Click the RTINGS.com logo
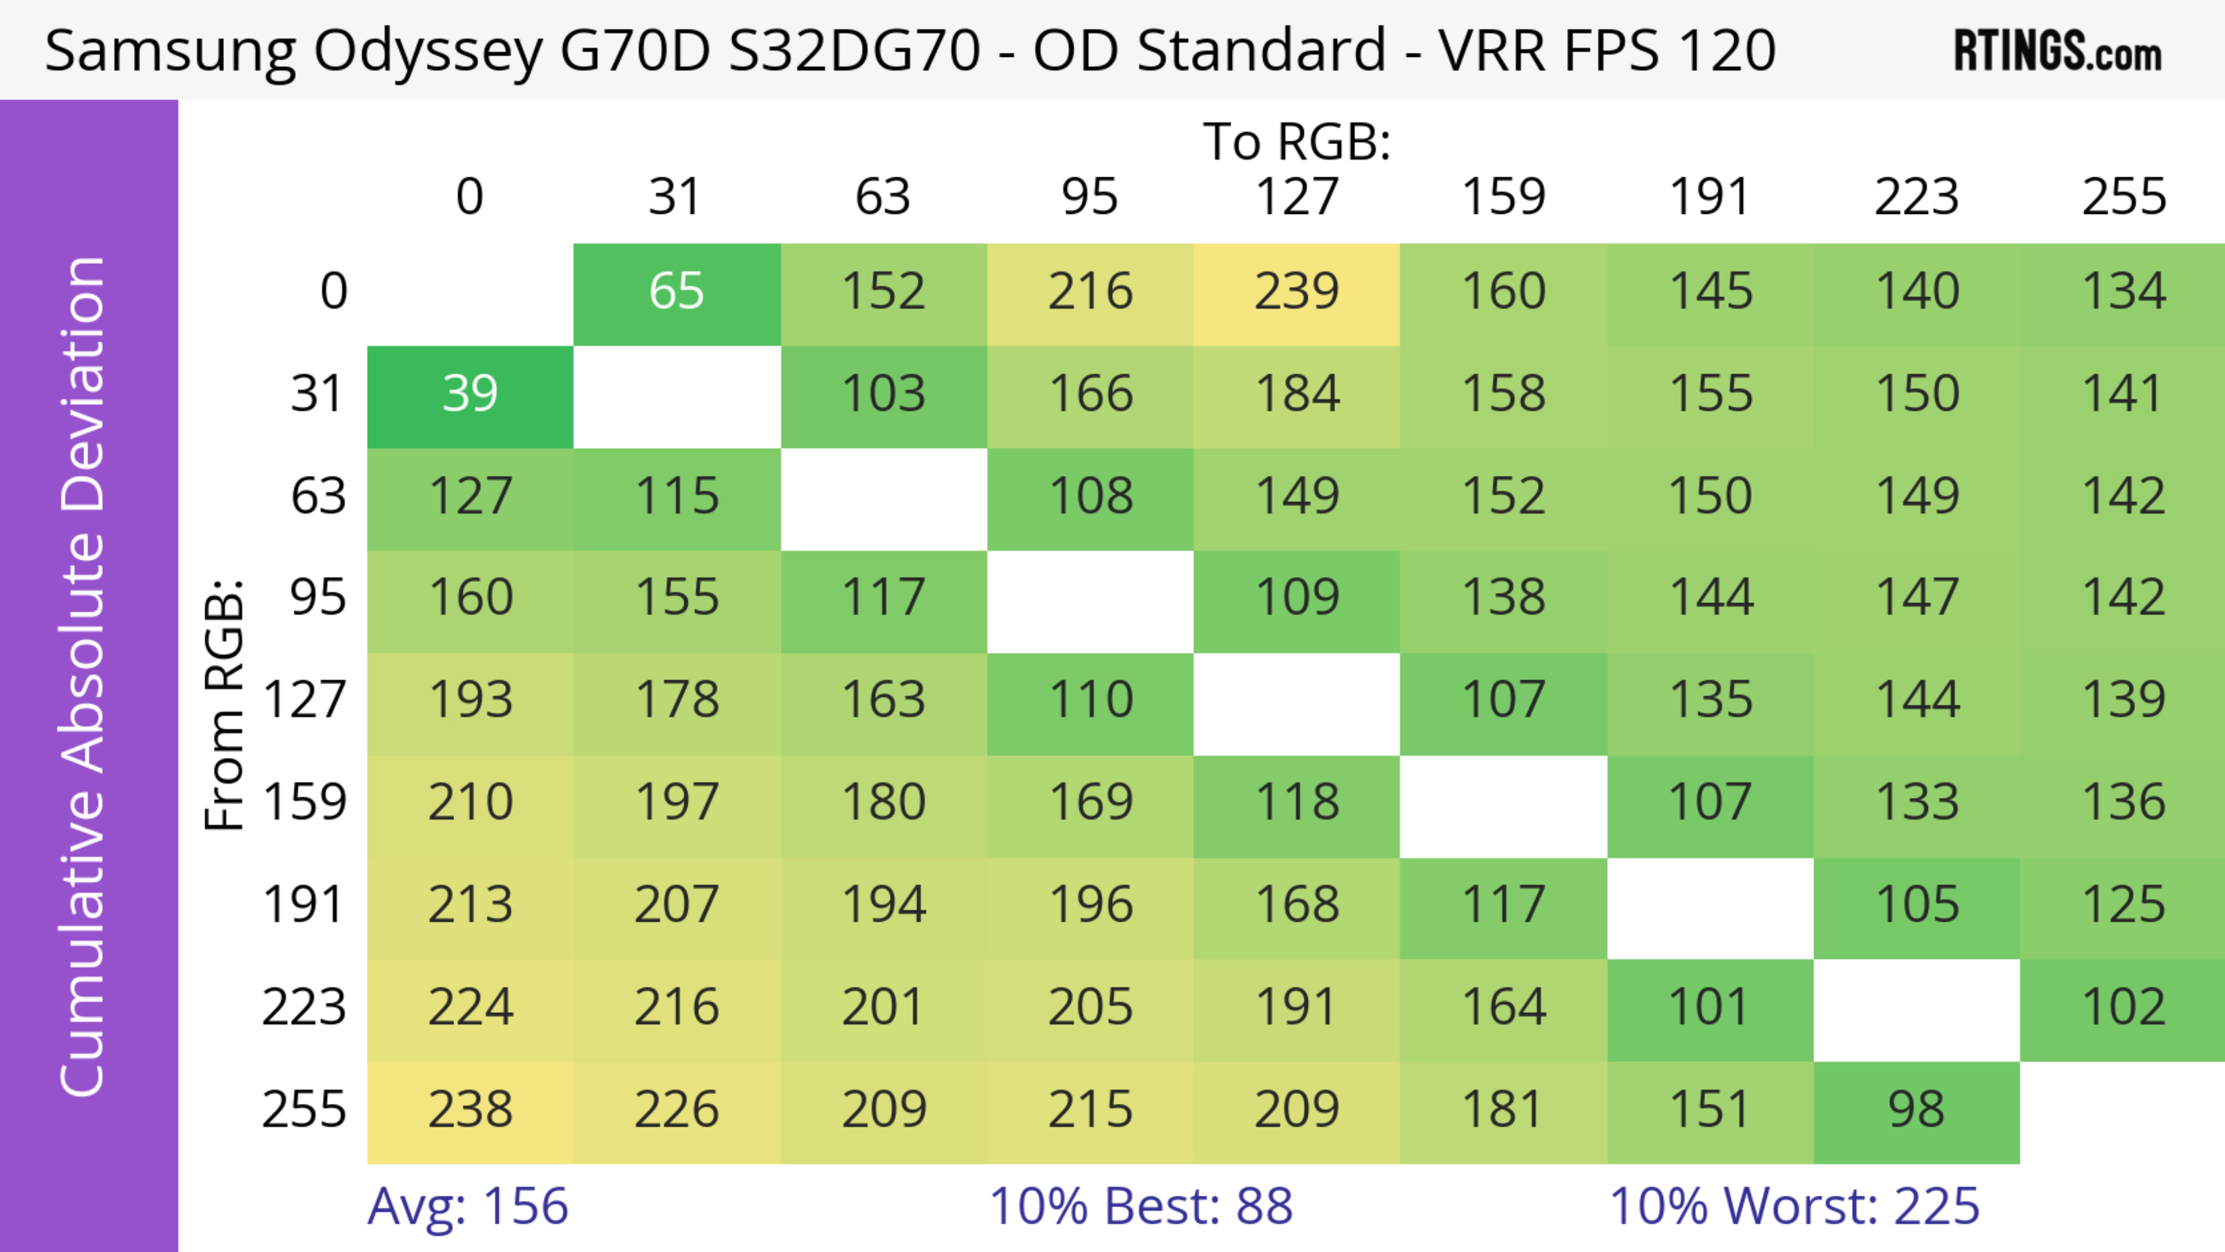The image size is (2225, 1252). tap(2058, 51)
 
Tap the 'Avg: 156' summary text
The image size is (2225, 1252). tap(467, 1206)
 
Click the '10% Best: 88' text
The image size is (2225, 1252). tap(1140, 1206)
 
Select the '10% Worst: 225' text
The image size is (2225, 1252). tap(1794, 1206)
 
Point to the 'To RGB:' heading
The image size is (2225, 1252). tap(1297, 141)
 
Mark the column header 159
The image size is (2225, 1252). tap(1503, 197)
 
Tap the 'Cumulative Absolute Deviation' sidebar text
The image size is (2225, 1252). tap(84, 677)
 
